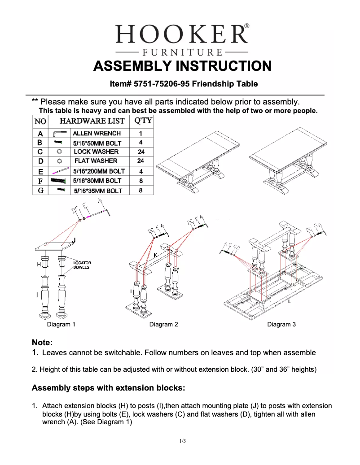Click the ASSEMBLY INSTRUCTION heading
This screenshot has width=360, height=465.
(182, 66)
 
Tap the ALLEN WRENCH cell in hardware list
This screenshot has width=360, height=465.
(97, 133)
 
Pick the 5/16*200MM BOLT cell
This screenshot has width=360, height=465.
(99, 171)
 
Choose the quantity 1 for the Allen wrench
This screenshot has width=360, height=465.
(141, 133)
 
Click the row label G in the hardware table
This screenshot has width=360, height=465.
(40, 190)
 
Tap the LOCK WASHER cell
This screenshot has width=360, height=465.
(96, 152)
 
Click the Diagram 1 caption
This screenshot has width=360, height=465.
(61, 324)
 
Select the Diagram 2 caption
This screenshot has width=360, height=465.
(163, 324)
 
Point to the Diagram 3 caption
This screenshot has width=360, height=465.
(281, 324)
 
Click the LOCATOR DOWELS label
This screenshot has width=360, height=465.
(82, 265)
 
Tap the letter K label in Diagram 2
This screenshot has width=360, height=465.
(155, 255)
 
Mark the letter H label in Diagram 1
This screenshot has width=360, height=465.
(39, 265)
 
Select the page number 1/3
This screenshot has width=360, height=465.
(182, 441)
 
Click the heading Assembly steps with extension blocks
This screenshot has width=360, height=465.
(108, 387)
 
